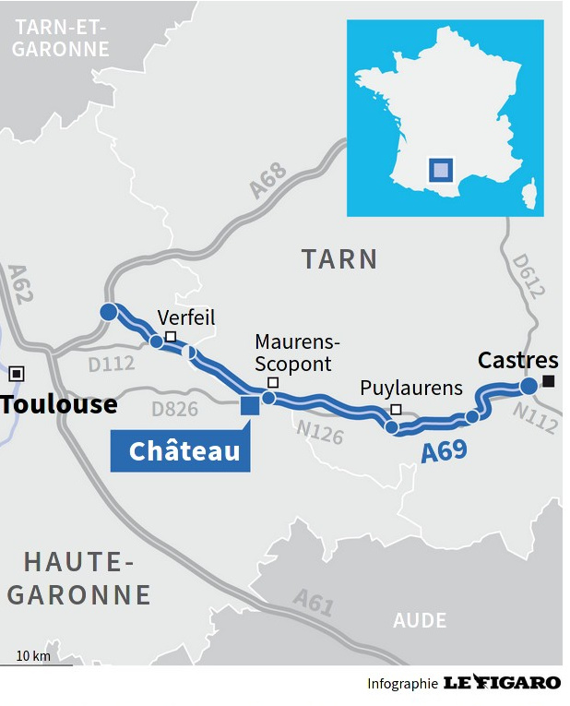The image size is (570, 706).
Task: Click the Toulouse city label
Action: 59,404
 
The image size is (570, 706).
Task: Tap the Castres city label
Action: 517,360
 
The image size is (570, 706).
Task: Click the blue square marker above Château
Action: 249,405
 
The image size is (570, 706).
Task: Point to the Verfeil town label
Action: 185,317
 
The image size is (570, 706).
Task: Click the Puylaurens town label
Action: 410,388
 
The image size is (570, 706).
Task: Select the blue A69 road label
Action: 444,451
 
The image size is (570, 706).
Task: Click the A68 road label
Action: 268,181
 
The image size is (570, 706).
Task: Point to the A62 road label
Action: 19,284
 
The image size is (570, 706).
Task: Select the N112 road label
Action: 534,418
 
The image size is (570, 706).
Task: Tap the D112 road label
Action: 112,364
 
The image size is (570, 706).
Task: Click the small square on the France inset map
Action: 442,170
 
